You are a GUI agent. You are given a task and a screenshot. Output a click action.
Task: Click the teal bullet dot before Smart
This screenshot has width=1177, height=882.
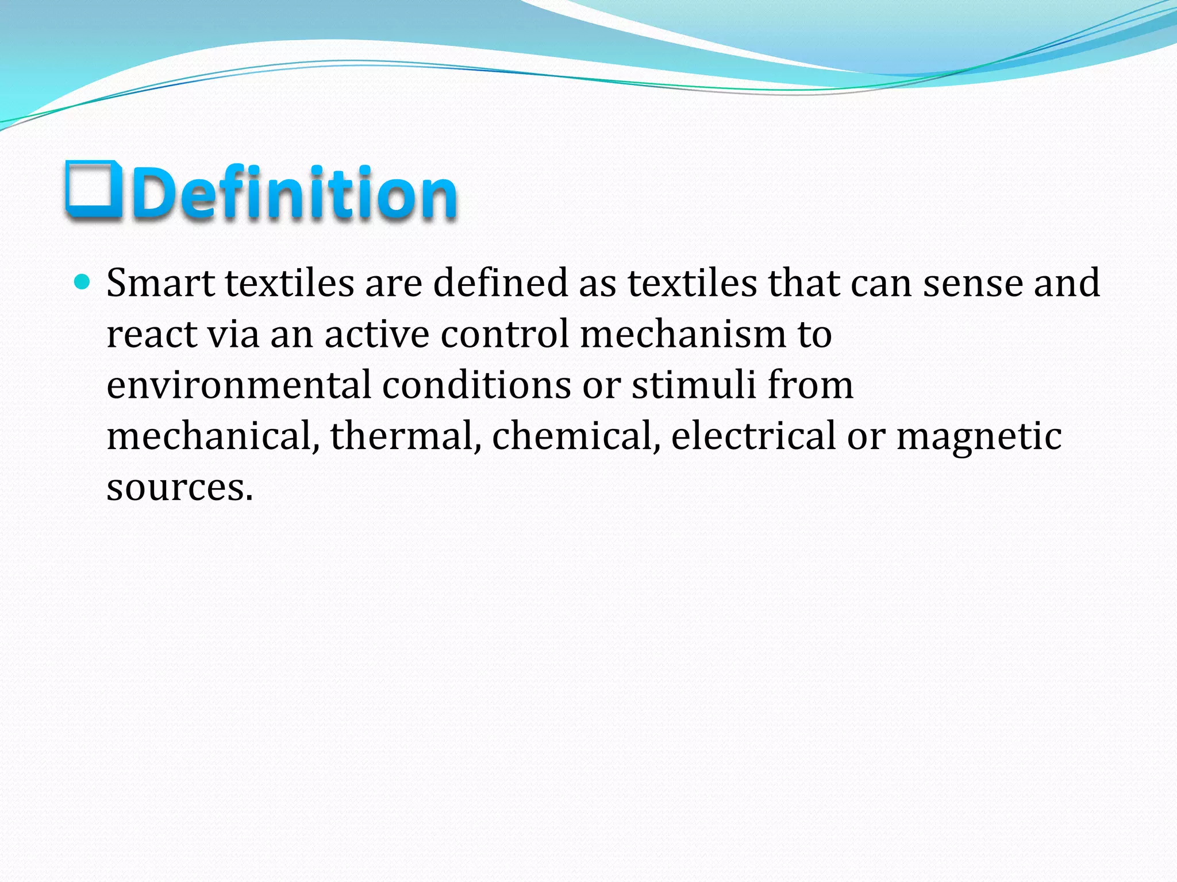click(83, 282)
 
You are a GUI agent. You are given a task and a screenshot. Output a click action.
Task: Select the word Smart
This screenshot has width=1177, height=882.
click(160, 283)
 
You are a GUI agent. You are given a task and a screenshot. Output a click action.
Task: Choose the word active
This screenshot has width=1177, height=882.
click(376, 334)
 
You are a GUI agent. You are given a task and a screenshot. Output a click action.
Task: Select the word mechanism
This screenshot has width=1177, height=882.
click(683, 334)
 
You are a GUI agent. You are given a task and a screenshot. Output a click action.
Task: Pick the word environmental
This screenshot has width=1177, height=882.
click(239, 385)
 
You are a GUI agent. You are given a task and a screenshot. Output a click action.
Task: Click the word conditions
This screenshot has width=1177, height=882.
click(476, 385)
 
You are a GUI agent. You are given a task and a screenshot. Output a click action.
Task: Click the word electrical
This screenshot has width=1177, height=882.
click(753, 436)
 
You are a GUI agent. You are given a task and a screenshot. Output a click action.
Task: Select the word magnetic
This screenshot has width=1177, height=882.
click(979, 437)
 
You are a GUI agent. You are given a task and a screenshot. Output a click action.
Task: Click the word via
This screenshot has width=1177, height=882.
click(233, 334)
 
